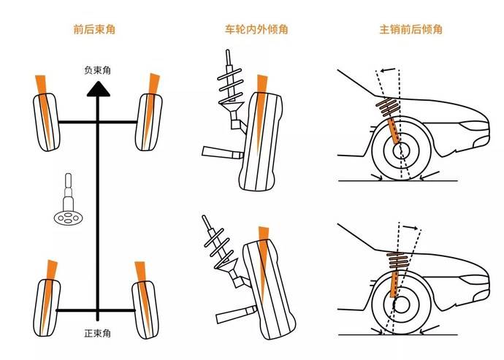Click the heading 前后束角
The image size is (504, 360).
click(x=94, y=30)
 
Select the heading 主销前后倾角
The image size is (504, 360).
click(x=411, y=30)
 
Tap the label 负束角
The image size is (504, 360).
click(x=98, y=70)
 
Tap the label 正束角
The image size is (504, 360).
click(x=97, y=333)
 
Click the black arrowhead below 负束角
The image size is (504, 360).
click(x=98, y=88)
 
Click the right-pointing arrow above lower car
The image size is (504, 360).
click(x=411, y=228)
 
